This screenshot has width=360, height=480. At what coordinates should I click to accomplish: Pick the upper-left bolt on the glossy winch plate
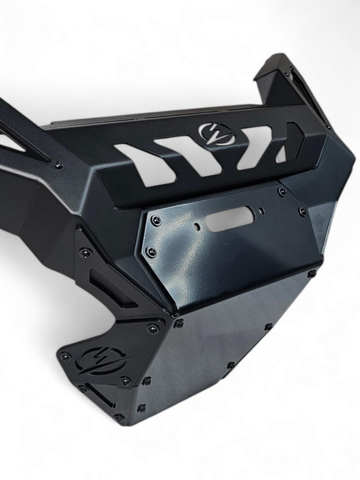(x=156, y=220)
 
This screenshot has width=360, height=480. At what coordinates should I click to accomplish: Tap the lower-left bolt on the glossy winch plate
(x=151, y=251)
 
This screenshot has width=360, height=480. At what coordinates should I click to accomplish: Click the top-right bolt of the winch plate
(x=282, y=192)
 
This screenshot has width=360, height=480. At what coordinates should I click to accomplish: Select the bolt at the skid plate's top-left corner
(x=179, y=323)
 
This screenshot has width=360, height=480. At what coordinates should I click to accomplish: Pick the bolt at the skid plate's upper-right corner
(x=311, y=274)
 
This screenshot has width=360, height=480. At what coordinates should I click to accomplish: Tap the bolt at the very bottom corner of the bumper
(x=119, y=417)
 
